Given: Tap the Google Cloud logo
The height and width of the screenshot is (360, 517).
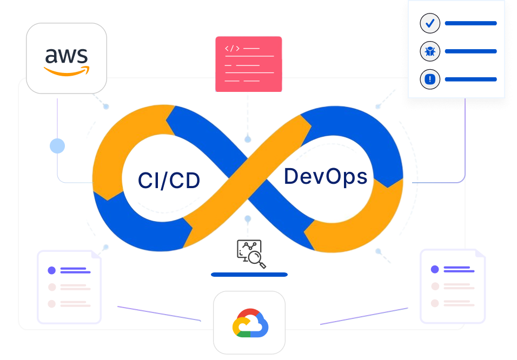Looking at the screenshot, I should [250, 323].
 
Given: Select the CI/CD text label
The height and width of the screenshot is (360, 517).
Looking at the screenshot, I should [169, 181].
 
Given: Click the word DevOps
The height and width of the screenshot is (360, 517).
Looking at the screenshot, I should [326, 176].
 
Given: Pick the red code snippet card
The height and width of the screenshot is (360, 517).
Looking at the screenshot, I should [248, 64].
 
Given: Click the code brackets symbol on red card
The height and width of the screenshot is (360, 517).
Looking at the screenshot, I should [232, 49].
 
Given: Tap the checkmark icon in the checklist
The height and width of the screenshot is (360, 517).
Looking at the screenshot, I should [430, 24].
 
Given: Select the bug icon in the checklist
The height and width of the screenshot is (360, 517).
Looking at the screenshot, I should [430, 52].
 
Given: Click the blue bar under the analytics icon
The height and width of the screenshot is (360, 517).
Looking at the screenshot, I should [249, 275].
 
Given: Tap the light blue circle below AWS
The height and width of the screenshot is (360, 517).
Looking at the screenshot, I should [57, 146].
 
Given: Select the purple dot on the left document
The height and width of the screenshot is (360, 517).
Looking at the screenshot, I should [51, 270].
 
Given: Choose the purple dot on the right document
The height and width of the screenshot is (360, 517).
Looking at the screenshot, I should [434, 269].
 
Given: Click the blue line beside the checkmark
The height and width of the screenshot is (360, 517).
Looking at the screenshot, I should [470, 24].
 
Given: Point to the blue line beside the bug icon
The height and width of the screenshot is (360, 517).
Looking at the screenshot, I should [470, 52].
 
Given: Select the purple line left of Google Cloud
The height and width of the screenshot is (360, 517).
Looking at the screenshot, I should [159, 314].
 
